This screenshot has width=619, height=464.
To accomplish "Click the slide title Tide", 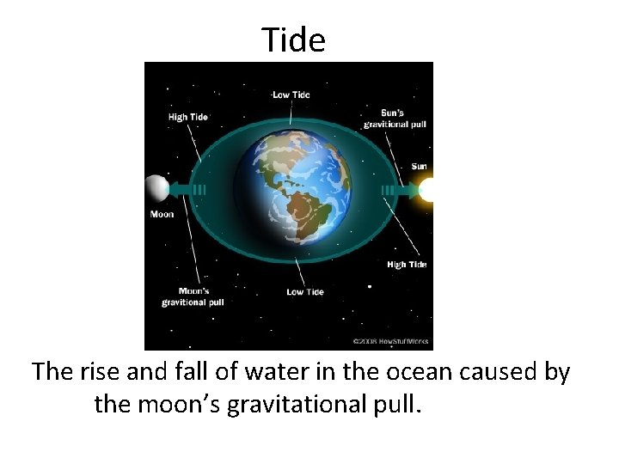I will [294, 40].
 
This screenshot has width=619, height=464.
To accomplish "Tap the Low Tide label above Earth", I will [291, 95].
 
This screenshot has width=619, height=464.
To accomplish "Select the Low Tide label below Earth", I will [305, 292].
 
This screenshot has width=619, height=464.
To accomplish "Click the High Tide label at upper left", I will [189, 117].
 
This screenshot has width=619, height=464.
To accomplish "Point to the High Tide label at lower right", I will [407, 265].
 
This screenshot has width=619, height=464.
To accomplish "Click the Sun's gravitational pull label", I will [395, 119].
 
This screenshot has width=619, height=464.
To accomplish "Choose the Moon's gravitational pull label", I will [193, 296].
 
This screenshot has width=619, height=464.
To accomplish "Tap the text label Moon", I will [162, 214].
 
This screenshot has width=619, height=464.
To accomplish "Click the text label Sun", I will [419, 166].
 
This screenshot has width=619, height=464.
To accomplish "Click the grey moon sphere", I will [156, 188].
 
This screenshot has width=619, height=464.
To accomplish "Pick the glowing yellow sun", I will [426, 189].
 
